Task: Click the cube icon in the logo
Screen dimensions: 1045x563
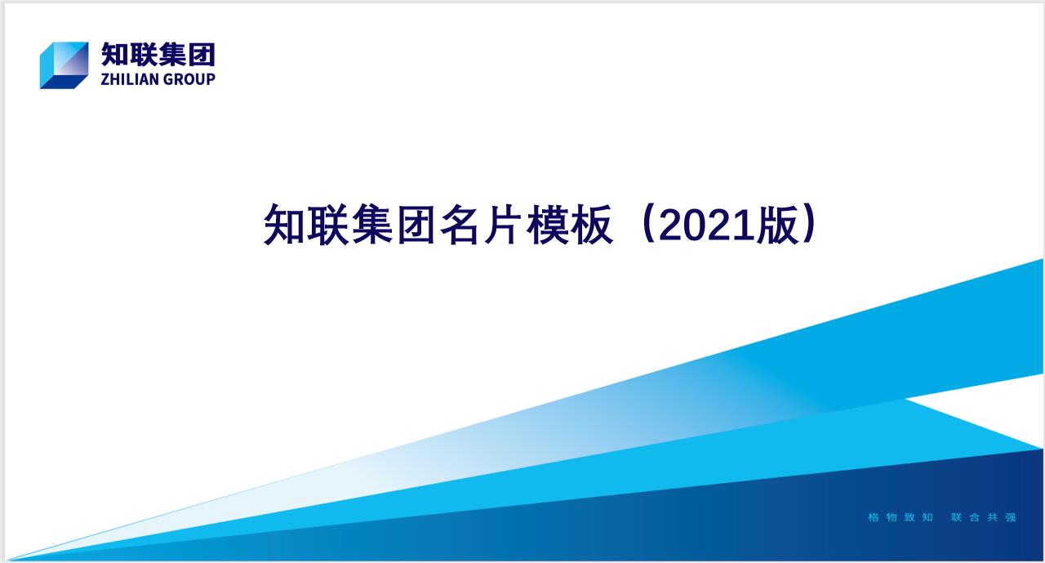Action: [64, 65]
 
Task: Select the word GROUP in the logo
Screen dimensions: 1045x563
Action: [189, 79]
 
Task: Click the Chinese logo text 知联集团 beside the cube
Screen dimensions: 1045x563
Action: [158, 55]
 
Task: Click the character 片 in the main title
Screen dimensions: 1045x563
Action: [502, 225]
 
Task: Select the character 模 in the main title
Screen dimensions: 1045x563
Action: [548, 225]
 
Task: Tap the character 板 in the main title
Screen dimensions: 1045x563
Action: [592, 225]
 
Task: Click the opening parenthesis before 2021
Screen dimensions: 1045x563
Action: [648, 224]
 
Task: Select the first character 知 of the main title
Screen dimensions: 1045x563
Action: [283, 225]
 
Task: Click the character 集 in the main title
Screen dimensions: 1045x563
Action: [371, 225]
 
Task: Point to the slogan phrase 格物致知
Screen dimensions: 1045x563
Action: [900, 517]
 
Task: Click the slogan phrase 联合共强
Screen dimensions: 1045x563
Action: [984, 517]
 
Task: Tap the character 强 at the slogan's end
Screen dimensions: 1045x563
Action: [1011, 517]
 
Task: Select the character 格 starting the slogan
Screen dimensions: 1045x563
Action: [874, 517]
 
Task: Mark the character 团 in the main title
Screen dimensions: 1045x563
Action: [416, 225]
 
